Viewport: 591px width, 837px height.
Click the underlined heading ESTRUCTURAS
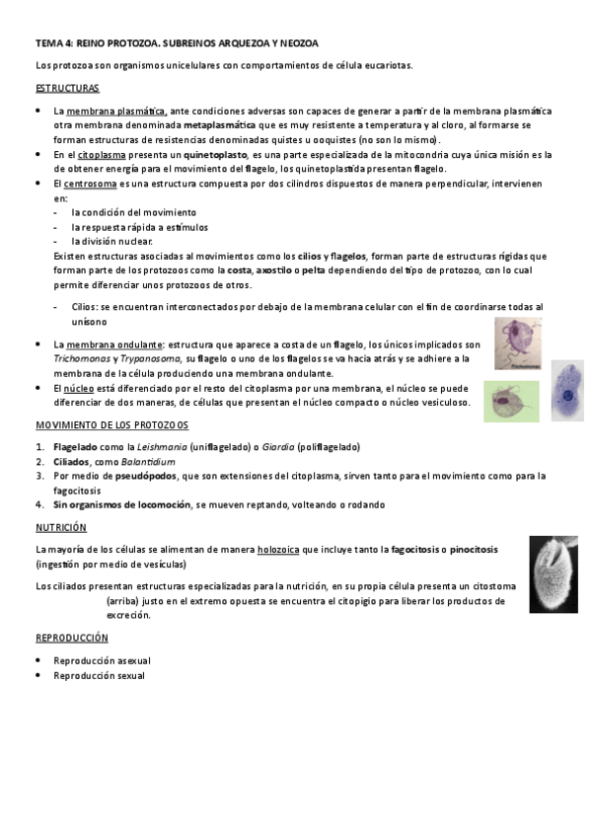65,89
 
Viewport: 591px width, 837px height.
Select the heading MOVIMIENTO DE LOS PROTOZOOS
111,424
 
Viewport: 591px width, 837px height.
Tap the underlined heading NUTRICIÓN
61,528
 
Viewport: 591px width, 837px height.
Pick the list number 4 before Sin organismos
39,504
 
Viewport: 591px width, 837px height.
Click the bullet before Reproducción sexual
38,676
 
